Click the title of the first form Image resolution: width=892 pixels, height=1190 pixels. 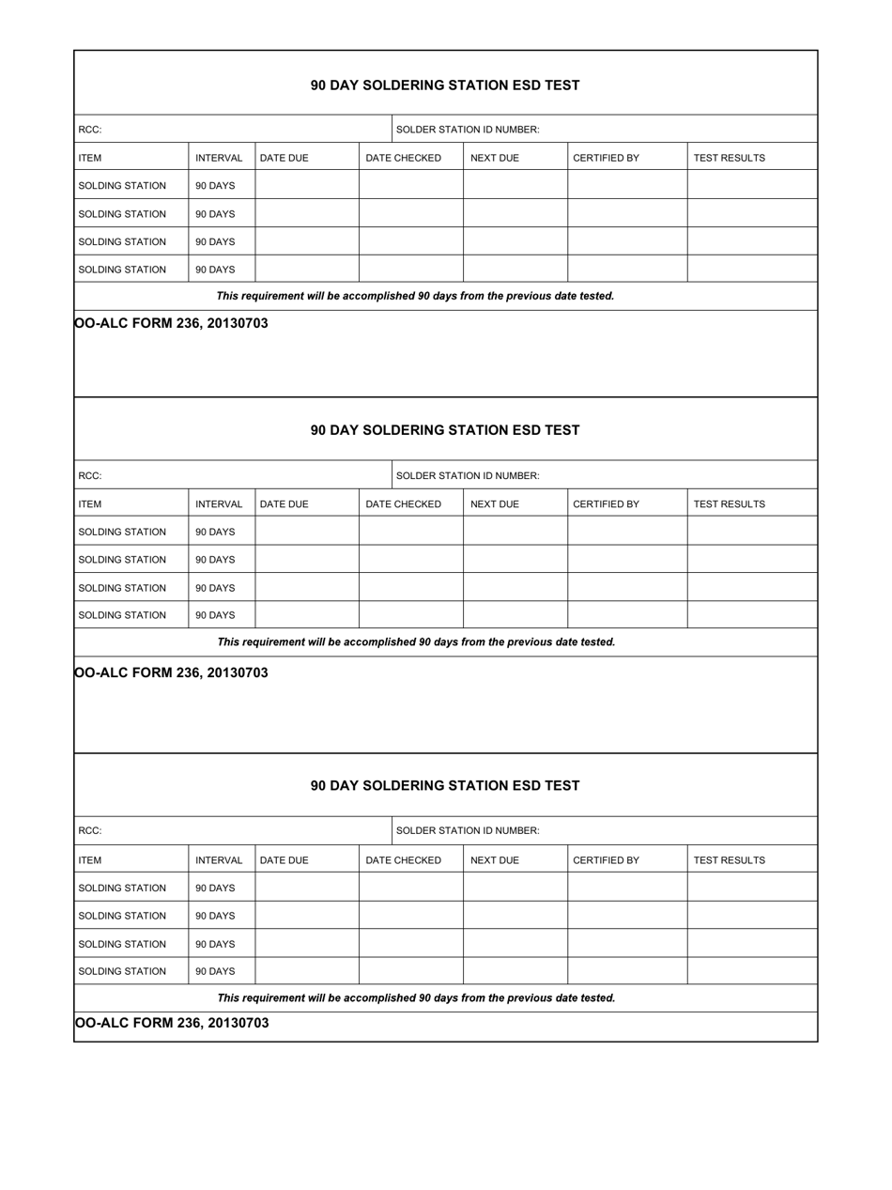tap(445, 85)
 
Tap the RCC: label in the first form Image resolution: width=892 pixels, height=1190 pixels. tap(90, 130)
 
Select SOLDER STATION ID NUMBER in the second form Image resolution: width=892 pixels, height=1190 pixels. tap(468, 475)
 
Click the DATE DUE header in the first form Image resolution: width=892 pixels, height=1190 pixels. tap(284, 158)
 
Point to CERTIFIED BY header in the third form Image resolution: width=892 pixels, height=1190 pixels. tap(606, 860)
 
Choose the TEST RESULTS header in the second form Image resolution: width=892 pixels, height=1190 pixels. tap(729, 504)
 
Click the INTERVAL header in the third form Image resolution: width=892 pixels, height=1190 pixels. tap(219, 860)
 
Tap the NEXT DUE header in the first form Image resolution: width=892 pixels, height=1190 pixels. tap(494, 158)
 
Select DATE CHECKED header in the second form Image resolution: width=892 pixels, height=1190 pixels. tap(403, 504)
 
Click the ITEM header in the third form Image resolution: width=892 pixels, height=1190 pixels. tap(90, 860)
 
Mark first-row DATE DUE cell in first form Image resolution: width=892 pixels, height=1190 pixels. tap(307, 185)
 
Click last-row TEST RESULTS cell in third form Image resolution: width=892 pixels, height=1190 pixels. tap(752, 971)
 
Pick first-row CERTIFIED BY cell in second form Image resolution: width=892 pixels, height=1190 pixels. tap(627, 532)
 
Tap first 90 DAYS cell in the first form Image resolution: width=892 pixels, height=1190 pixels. tap(215, 186)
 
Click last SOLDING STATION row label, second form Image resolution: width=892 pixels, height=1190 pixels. tap(122, 615)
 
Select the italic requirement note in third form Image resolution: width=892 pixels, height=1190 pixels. tap(416, 998)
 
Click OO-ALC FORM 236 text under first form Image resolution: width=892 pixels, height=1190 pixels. tap(171, 323)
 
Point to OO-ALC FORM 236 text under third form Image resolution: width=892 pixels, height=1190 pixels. tap(171, 1023)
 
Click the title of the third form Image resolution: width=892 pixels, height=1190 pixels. tap(445, 785)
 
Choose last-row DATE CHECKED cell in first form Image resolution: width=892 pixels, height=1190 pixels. tap(411, 270)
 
